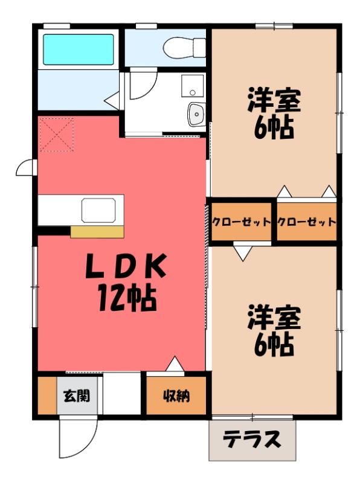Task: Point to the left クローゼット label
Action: point(241,222)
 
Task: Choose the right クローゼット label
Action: point(306,222)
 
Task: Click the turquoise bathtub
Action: point(78,49)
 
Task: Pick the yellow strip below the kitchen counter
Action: point(97,231)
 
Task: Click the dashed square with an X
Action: point(56,135)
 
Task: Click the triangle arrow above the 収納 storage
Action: point(175,365)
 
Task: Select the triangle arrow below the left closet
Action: point(243,252)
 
